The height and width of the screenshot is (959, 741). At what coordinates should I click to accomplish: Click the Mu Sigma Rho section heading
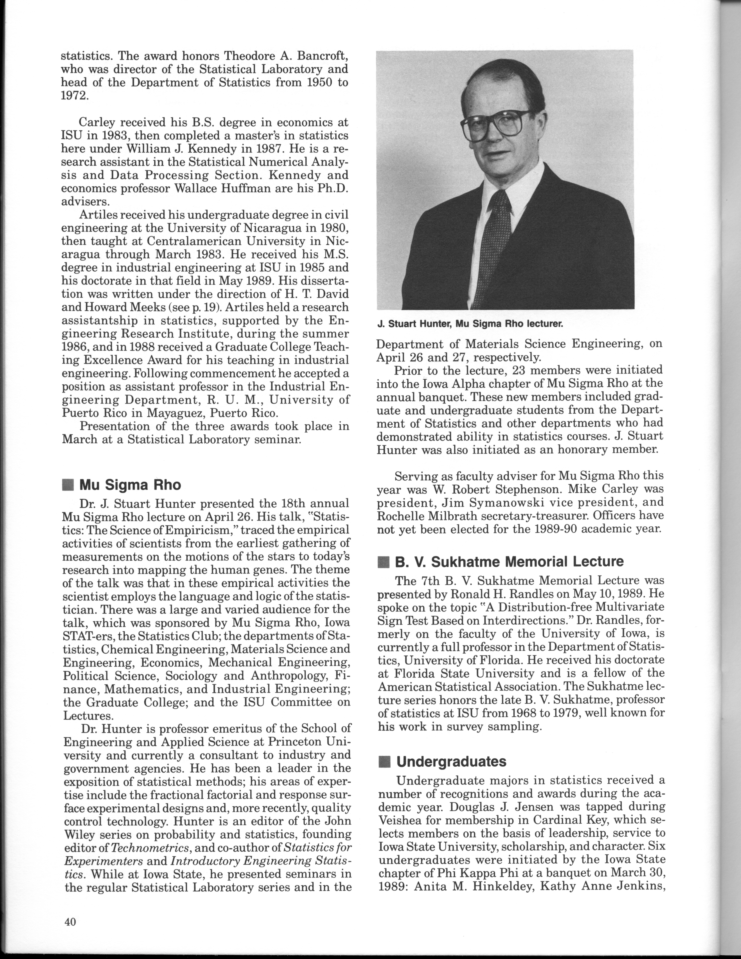[x=130, y=485]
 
